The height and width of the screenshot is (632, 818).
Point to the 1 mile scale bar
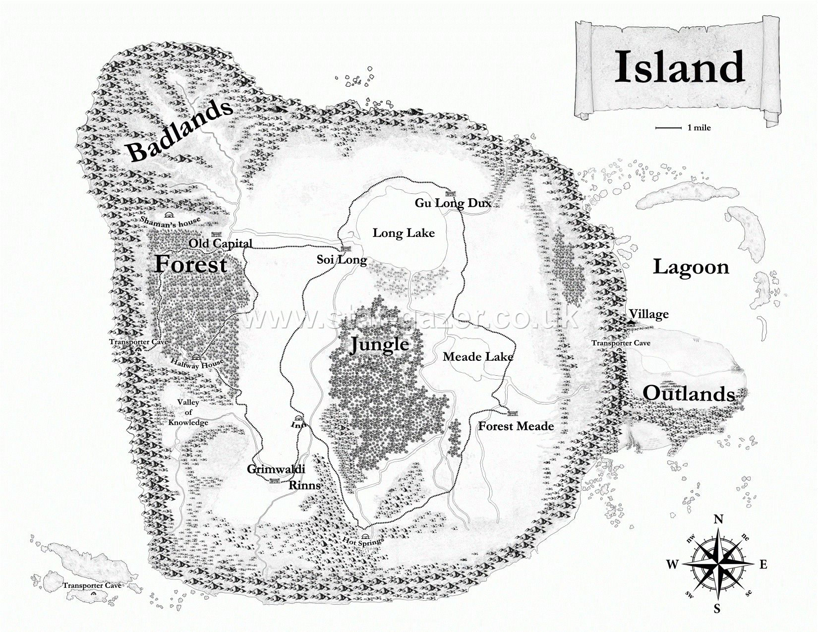tap(668, 128)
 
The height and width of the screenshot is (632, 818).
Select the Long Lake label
tap(404, 233)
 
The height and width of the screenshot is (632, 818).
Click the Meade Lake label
tap(478, 356)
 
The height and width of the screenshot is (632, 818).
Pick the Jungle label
tap(380, 344)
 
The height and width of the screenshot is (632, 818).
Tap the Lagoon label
tap(691, 267)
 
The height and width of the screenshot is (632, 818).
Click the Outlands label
tap(689, 394)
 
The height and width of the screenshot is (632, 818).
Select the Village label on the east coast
tap(648, 314)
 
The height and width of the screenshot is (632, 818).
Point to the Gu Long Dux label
tap(453, 203)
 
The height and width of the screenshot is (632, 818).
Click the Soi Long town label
tap(342, 259)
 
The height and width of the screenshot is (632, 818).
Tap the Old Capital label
tap(221, 243)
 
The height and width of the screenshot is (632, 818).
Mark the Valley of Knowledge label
tap(188, 412)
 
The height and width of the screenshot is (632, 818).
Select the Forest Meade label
tap(516, 426)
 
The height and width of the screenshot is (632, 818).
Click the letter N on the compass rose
tap(718, 519)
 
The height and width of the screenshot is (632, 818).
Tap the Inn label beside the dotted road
tap(297, 425)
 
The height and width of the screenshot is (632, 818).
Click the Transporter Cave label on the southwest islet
tap(92, 585)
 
